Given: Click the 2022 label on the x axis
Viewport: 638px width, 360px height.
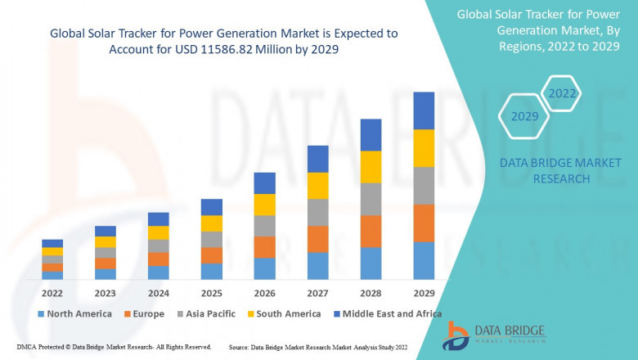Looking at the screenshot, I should [52, 293].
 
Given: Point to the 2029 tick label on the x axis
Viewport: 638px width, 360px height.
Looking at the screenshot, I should [424, 293].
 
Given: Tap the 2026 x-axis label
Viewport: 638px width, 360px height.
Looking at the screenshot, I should [264, 293].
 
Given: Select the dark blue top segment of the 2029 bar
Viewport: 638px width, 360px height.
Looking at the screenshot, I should [424, 110].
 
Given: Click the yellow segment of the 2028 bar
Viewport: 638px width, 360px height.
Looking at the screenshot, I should [371, 167].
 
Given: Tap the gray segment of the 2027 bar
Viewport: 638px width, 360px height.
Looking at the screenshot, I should [317, 212].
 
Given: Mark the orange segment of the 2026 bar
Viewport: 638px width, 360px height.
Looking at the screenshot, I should [264, 247].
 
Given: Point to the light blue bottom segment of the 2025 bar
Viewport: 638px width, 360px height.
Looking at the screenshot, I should [212, 272].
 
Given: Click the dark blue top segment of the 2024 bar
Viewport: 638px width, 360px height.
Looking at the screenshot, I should [159, 219].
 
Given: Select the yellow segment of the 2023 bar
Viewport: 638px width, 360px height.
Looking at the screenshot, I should [106, 242].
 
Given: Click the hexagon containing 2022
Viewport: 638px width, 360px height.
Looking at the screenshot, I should [562, 94].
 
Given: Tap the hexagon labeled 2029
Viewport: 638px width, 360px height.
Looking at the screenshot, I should [525, 116].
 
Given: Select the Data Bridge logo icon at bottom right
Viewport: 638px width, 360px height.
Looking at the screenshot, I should [455, 335].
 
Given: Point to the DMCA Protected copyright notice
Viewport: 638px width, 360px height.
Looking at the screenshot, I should [114, 347].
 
